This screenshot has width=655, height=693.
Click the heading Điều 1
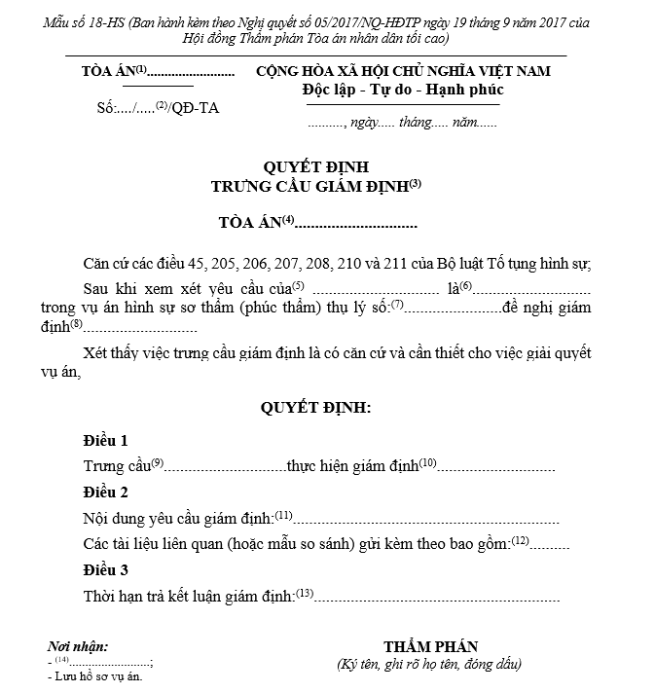105,440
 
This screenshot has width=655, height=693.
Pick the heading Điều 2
105,492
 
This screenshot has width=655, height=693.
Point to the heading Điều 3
105,569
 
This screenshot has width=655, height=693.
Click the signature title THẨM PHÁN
430,647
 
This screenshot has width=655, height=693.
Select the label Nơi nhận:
78,646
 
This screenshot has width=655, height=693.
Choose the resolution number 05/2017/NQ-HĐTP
372,21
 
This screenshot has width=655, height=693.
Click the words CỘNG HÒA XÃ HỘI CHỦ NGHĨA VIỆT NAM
403,72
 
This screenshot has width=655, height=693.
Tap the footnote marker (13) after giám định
305,592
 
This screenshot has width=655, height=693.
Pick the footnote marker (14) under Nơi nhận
61,660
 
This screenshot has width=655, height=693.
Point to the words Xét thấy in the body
110,352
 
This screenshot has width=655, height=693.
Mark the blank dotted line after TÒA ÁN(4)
356,225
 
